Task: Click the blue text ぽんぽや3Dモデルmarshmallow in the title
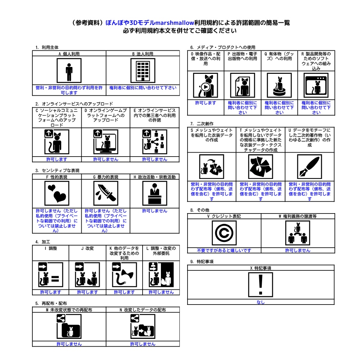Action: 150,23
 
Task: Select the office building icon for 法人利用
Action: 143,71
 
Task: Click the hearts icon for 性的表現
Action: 57,193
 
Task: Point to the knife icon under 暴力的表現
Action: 106,193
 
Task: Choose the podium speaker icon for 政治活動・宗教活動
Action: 155,193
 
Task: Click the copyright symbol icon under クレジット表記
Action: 224,233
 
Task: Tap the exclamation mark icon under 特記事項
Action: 261,285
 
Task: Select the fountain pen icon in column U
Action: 310,166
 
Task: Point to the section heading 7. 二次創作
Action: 202,124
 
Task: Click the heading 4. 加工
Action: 43,242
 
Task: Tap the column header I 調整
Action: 51,248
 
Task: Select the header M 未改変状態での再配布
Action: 69,310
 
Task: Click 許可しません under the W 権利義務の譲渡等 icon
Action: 298,250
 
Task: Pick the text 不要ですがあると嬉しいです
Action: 224,250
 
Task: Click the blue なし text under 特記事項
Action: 261,302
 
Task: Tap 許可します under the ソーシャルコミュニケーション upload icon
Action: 57,159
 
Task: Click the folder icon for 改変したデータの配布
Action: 143,327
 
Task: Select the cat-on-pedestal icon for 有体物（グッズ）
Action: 279,85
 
